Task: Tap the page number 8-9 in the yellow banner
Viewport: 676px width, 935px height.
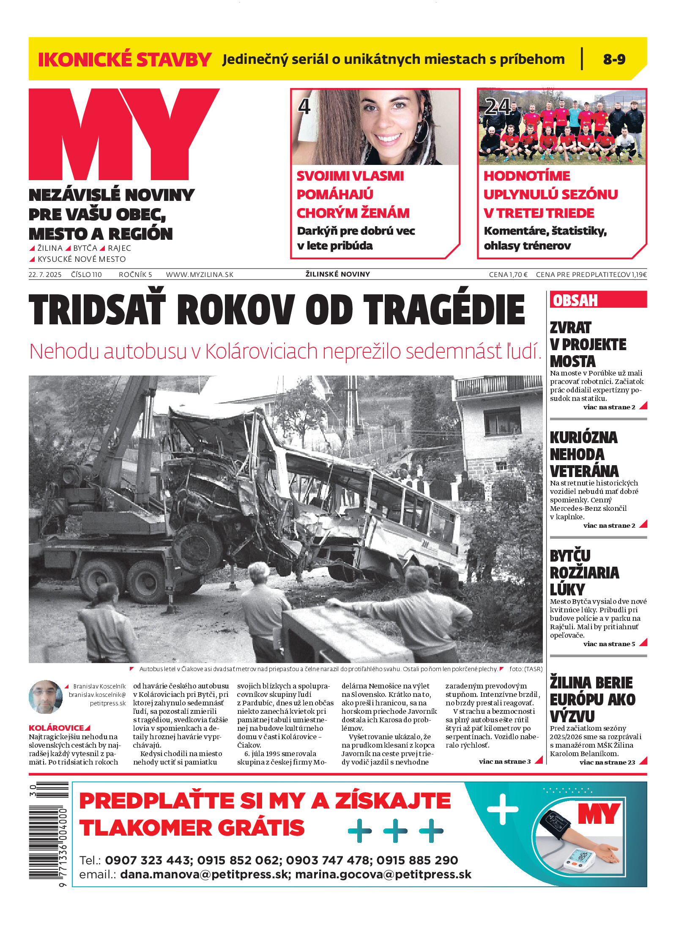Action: [614, 59]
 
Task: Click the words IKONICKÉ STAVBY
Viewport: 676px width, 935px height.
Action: [125, 59]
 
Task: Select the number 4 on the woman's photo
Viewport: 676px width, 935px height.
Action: [304, 106]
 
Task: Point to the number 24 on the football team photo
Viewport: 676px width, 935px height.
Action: [497, 106]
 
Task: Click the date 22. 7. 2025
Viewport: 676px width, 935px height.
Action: [45, 274]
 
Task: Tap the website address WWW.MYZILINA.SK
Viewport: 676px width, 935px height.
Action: [200, 274]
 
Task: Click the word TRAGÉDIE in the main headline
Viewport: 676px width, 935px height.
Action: [444, 310]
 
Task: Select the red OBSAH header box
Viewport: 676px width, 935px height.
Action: [598, 300]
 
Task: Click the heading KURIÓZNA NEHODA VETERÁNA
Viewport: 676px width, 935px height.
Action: [584, 454]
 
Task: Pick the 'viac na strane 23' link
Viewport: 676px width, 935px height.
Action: [607, 762]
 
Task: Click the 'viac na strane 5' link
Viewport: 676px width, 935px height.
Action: [609, 644]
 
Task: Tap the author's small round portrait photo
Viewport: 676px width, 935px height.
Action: [46, 697]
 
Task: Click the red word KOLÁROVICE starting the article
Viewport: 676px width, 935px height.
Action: [56, 728]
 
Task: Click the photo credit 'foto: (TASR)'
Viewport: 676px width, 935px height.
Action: [525, 669]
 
